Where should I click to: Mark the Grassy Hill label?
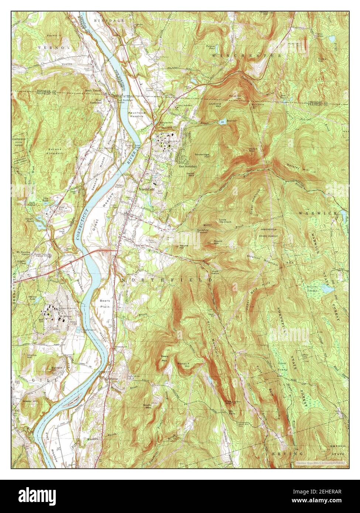28,400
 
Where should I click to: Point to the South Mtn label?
148,406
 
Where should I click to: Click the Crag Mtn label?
228,402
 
